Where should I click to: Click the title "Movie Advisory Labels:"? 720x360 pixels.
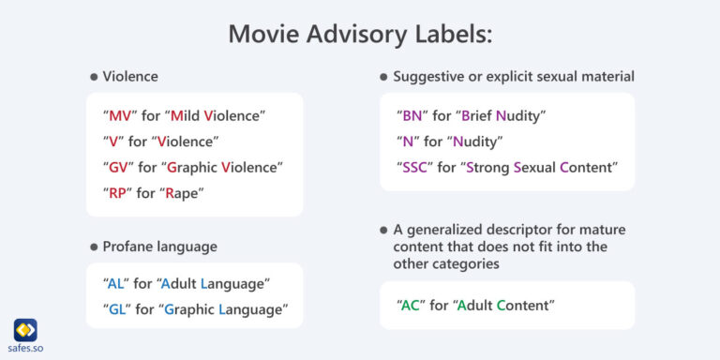tap(360, 33)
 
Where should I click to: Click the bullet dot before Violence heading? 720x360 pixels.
tap(93, 77)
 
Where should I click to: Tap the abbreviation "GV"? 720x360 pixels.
tap(120, 167)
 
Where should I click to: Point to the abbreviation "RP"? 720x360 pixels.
tap(119, 192)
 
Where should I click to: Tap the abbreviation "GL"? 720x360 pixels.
tap(118, 309)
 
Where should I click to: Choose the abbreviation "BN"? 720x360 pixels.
tap(412, 116)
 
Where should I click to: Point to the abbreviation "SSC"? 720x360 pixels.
tap(416, 167)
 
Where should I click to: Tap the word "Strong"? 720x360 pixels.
tap(492, 167)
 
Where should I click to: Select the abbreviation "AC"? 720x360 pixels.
tap(412, 305)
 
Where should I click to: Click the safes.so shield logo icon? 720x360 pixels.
tap(25, 330)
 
